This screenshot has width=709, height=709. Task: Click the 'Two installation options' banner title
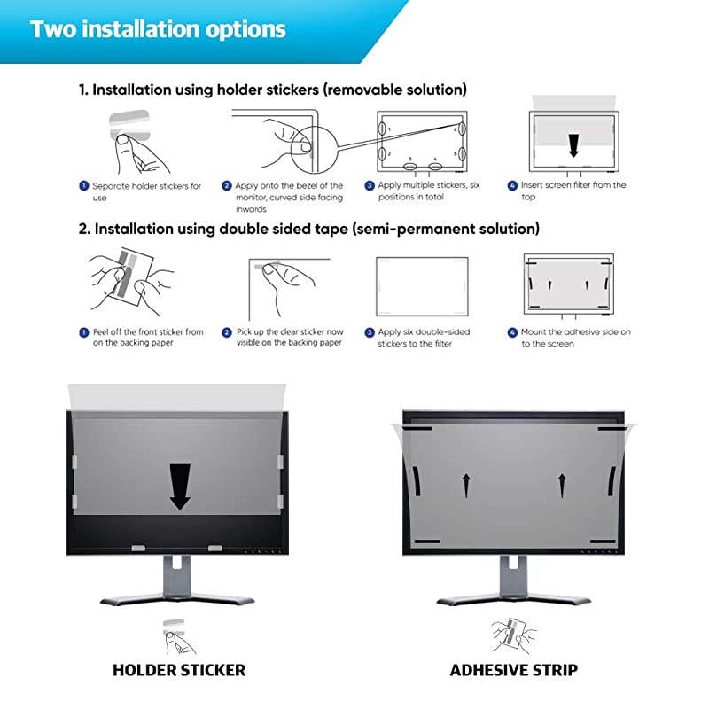(x=158, y=29)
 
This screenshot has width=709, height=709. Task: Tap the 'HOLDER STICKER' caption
(x=179, y=670)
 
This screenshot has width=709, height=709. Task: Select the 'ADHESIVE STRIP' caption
(x=514, y=670)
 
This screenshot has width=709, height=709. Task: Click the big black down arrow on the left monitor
(x=180, y=487)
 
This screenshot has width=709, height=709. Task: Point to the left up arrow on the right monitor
(x=467, y=485)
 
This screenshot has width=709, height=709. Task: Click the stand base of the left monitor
(x=177, y=600)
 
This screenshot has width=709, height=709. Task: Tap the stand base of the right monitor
(x=514, y=600)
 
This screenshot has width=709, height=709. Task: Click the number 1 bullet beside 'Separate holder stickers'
(x=83, y=186)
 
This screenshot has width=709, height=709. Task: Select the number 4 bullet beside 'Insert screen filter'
(x=512, y=185)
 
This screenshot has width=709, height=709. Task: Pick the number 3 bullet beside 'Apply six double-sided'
(x=370, y=332)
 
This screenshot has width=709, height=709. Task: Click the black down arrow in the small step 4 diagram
(x=573, y=145)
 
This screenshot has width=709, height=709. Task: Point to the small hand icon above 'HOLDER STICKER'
(x=179, y=636)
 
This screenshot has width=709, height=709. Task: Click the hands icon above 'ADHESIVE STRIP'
(x=514, y=635)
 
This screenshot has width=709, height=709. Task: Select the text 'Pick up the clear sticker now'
(x=291, y=331)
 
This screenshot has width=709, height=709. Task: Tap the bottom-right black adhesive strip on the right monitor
(x=604, y=541)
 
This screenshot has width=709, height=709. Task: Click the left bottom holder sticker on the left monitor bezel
(x=138, y=548)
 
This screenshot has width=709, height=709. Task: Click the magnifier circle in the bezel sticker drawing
(x=315, y=148)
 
